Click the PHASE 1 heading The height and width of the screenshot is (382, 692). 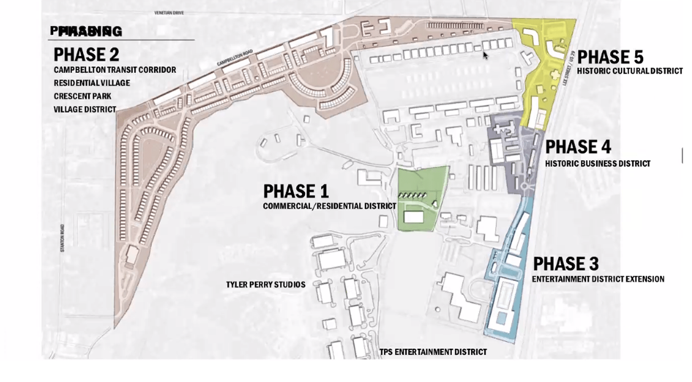(x=296, y=191)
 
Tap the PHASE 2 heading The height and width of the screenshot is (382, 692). (x=86, y=54)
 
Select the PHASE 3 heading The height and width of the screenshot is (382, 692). (x=566, y=264)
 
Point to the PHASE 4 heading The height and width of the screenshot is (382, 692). (x=578, y=147)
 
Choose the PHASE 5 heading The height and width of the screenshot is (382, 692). (x=610, y=57)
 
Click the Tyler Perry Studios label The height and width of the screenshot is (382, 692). (x=266, y=285)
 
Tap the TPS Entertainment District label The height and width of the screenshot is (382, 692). (x=433, y=352)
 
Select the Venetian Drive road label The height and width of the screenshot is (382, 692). (x=169, y=12)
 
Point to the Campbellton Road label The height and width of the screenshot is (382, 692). (x=235, y=58)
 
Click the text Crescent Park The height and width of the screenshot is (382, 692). (x=83, y=96)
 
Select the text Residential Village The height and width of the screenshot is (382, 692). (x=92, y=83)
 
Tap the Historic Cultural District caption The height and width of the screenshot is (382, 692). (x=629, y=71)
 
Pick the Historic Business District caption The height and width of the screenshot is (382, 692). (x=597, y=164)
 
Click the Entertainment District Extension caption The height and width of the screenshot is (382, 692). (x=598, y=279)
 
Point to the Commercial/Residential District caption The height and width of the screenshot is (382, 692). (x=329, y=206)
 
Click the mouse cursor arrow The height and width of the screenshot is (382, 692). (x=485, y=55)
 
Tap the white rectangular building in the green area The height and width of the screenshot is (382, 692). (x=413, y=217)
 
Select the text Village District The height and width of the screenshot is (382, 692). (x=85, y=109)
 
